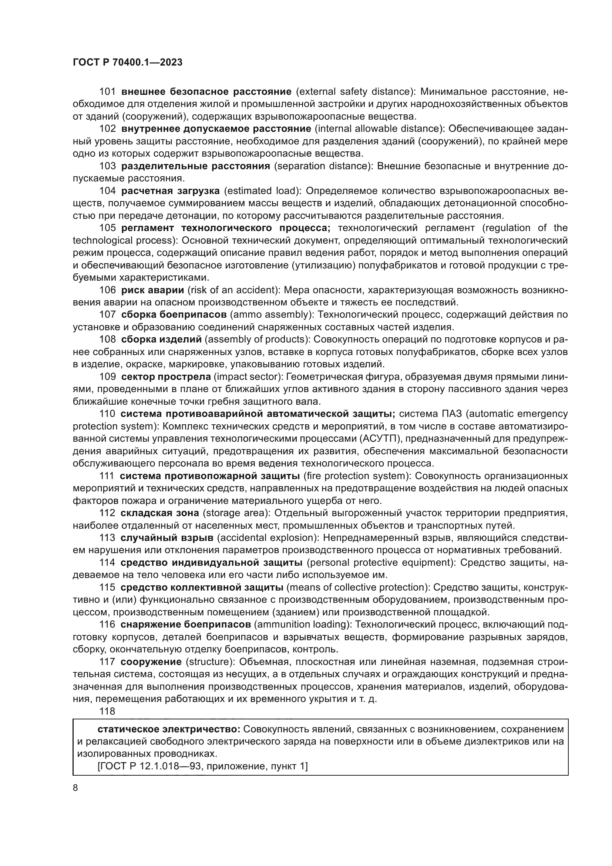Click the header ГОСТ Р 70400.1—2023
[127, 63]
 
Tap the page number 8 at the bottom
[75, 788]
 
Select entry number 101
[107, 92]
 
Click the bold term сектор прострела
[166, 377]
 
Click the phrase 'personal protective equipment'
[380, 563]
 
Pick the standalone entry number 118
[107, 711]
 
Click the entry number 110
[107, 414]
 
